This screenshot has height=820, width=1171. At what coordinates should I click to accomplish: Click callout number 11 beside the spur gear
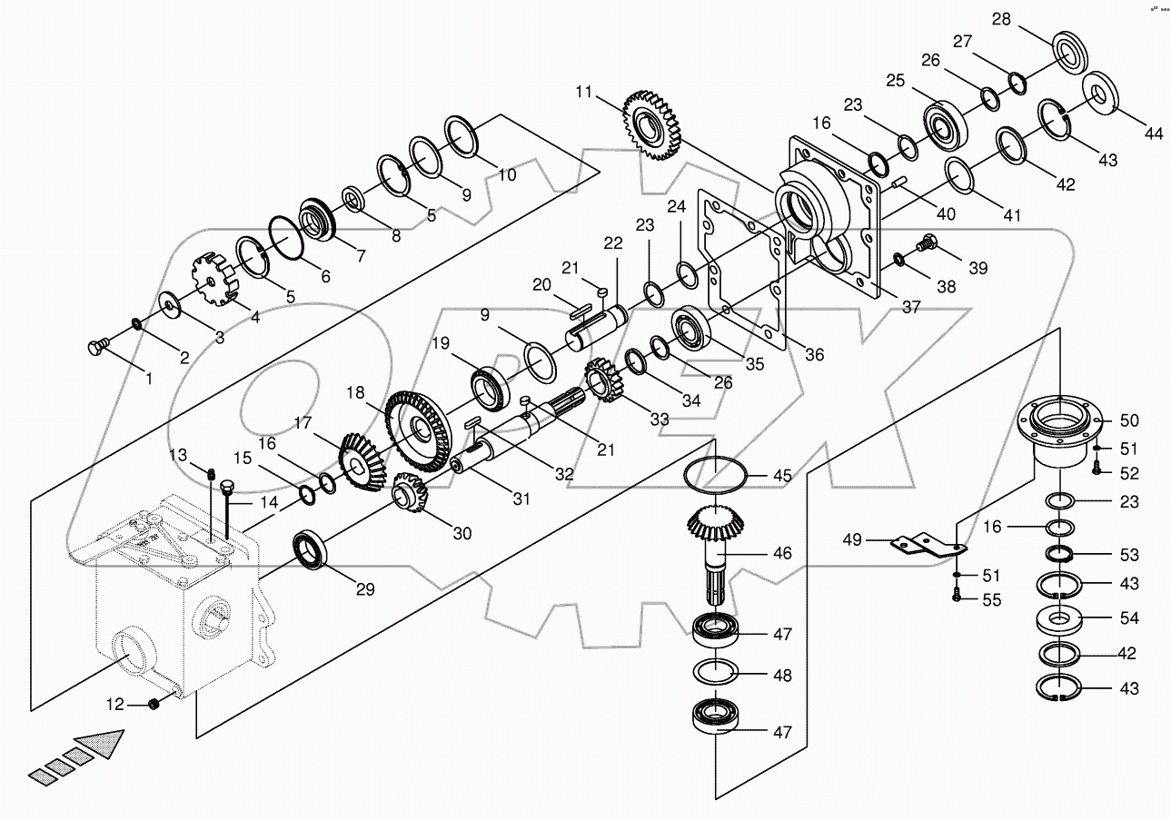[583, 91]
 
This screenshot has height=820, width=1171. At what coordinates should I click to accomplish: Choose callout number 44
[1153, 133]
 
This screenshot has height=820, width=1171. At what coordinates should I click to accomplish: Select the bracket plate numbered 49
[927, 544]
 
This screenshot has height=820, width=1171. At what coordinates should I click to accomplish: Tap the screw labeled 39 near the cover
[925, 242]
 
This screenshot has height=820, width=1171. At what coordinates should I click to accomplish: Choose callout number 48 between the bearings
[782, 676]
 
